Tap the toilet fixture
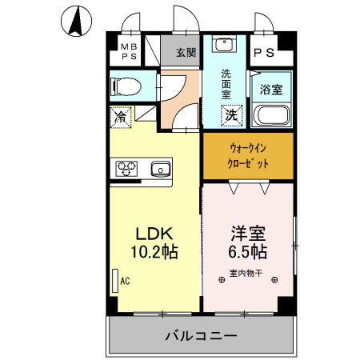[x=126, y=86]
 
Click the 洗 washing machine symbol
[x=230, y=114]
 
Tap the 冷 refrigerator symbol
[x=121, y=116]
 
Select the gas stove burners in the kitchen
[x=129, y=168]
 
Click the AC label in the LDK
[x=125, y=281]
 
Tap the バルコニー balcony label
[x=201, y=335]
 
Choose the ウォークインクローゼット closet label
[x=248, y=155]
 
